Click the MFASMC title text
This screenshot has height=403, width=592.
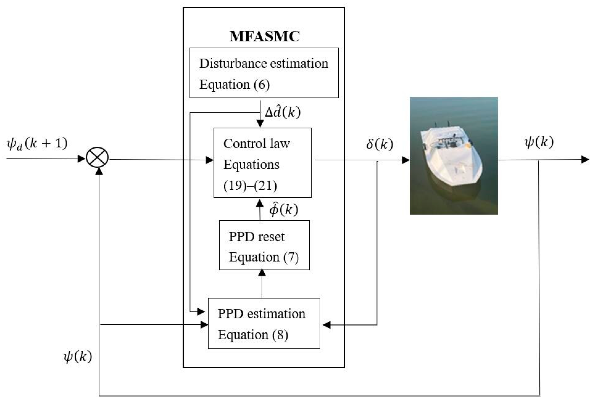[x=264, y=36]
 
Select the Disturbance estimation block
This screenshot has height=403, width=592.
[x=264, y=73]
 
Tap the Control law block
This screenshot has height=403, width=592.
[x=262, y=163]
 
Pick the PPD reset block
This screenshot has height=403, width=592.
[x=264, y=245]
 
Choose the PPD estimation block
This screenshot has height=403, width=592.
[x=264, y=323]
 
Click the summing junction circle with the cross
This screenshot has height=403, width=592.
[x=97, y=158]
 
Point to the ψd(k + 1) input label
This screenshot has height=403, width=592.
[x=37, y=144]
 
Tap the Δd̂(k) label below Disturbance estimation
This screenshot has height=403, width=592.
[x=283, y=112]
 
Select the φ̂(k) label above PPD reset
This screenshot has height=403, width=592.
[x=284, y=210]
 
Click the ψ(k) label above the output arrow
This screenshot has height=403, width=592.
[x=539, y=142]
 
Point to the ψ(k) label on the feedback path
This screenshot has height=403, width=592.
[x=78, y=357]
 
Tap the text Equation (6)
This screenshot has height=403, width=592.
[x=234, y=85]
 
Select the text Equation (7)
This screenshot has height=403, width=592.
[x=264, y=257]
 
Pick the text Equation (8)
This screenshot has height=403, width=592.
[x=253, y=335]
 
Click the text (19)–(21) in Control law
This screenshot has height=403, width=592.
[x=250, y=185]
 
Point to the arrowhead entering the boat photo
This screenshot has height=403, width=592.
[x=406, y=160]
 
